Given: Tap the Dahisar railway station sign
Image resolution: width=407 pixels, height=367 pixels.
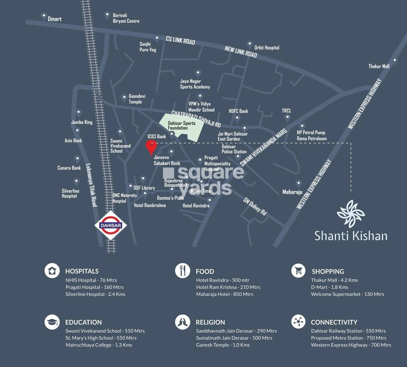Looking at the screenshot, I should [111, 225].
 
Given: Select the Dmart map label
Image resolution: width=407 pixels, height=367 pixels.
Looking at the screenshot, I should [54, 19].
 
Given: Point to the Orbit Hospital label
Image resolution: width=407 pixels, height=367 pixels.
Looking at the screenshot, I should [266, 48].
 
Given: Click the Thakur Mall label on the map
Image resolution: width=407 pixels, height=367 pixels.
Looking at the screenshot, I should [379, 66].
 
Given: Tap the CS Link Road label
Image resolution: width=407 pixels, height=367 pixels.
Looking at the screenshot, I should [180, 40].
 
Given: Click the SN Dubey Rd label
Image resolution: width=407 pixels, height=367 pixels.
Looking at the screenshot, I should [255, 206].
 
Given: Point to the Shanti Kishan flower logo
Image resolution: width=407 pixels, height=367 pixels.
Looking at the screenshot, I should [351, 214].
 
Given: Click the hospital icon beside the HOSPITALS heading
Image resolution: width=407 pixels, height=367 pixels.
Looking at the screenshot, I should [52, 271].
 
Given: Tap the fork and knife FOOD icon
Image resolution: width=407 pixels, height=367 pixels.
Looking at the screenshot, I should [182, 271].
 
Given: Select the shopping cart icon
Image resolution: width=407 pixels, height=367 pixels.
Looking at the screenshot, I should [298, 271].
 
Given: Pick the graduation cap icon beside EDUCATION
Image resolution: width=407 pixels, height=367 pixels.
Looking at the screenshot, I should [52, 322].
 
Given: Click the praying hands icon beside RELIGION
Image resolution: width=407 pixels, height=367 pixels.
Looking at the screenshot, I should [182, 322].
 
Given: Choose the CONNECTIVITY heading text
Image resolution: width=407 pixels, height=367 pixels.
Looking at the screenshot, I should [334, 322].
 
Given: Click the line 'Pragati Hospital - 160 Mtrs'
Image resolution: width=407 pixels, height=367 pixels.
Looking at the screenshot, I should [94, 287].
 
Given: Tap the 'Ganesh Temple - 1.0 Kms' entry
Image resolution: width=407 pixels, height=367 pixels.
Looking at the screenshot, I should [223, 345].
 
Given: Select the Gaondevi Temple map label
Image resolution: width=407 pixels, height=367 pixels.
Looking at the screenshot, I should [137, 99].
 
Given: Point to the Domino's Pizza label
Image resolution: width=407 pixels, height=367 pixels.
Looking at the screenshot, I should [170, 198].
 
